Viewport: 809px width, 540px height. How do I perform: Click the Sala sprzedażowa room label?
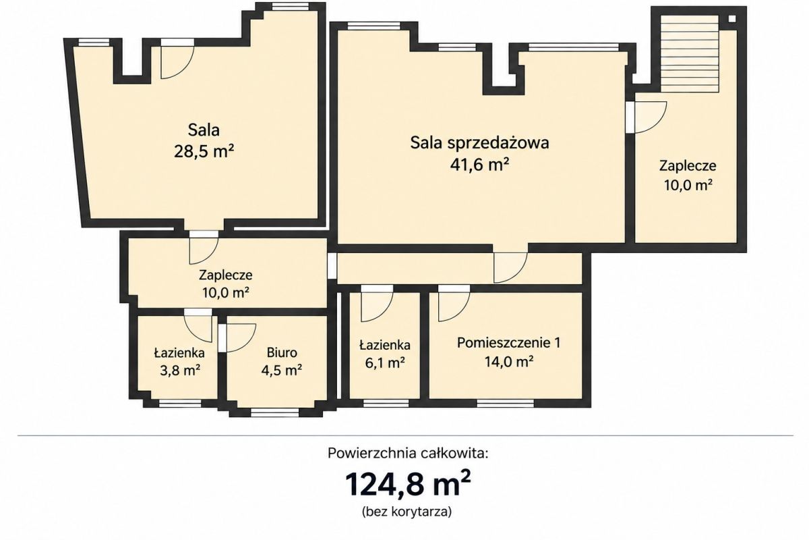click(x=479, y=143)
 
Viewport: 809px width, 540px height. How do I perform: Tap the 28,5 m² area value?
click(x=204, y=151)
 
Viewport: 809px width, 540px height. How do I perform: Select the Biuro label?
click(x=282, y=352)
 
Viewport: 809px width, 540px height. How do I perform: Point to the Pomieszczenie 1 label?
click(x=509, y=342)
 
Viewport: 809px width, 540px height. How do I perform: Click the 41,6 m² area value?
click(x=479, y=165)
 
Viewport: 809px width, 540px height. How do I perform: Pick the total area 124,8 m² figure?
click(x=408, y=483)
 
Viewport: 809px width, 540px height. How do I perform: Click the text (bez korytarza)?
click(x=407, y=512)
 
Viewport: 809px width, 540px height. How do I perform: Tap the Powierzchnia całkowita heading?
click(x=408, y=453)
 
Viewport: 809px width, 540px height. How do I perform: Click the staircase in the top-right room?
click(x=690, y=54)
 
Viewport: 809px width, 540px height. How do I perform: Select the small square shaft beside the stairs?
click(x=731, y=19)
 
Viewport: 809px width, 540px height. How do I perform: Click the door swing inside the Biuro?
click(x=240, y=337)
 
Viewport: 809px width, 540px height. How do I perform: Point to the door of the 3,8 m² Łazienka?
click(x=198, y=325)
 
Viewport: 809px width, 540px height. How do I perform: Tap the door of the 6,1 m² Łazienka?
click(x=377, y=304)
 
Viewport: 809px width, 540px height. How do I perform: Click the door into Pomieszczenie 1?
click(x=454, y=303)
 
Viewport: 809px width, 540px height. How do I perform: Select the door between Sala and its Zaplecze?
click(x=204, y=248)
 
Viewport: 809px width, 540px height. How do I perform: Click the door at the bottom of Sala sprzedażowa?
click(x=510, y=267)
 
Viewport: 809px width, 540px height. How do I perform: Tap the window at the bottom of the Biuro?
click(x=275, y=412)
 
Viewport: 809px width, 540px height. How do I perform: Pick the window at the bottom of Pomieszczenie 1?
click(x=505, y=403)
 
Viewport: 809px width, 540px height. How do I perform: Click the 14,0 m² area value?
click(x=509, y=362)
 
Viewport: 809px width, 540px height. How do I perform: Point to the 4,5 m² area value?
click(x=282, y=371)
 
